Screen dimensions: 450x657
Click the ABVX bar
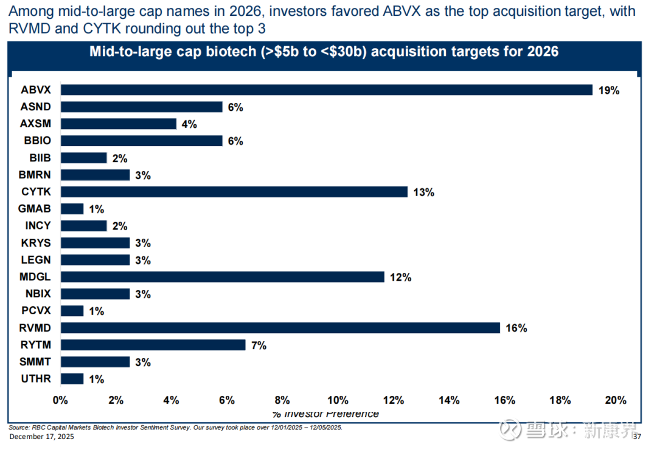click(326, 90)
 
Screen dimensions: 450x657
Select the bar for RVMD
click(280, 328)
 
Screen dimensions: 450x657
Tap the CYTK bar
click(234, 192)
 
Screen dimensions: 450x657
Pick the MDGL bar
click(222, 277)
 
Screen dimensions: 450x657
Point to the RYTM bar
click(153, 345)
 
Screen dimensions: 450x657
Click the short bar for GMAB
click(72, 209)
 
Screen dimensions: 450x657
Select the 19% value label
click(609, 91)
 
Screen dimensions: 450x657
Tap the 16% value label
click(516, 328)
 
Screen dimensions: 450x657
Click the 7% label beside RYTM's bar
click(259, 345)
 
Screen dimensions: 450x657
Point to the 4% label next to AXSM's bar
click(189, 124)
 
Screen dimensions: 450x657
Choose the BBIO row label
click(36, 141)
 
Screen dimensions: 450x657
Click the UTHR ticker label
click(36, 379)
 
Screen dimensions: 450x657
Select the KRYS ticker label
click(36, 242)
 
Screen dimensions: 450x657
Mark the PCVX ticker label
click(36, 311)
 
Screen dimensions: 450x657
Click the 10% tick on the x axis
click(338, 400)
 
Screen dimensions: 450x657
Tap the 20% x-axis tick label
click(615, 400)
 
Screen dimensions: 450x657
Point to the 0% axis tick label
click(60, 400)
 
